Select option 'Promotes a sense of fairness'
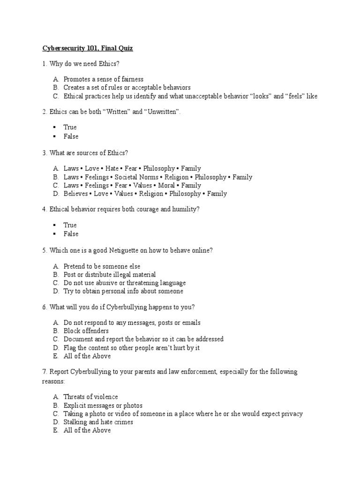point(103,79)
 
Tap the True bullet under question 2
point(54,127)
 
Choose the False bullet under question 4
point(54,234)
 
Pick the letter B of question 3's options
point(55,177)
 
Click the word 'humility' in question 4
point(185,209)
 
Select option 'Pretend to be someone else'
point(102,266)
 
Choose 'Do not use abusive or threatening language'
point(124,283)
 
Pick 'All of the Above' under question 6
point(87,356)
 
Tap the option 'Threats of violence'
point(91,397)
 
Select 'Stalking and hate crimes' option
point(98,422)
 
